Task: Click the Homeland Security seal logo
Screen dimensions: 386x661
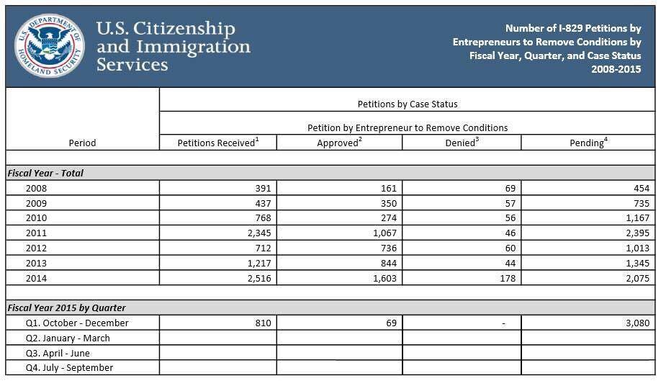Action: coord(49,45)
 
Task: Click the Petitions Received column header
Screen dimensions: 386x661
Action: coord(217,143)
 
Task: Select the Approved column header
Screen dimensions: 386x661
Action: coord(339,143)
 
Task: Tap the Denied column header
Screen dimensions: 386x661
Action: coord(462,143)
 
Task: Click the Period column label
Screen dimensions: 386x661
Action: coord(82,143)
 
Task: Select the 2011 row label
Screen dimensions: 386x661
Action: coord(36,233)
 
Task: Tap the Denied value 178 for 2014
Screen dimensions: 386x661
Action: coord(508,278)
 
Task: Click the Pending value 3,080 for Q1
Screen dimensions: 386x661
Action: coord(637,323)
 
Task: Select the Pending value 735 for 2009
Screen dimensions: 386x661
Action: coord(641,203)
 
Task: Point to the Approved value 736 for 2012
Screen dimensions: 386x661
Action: coord(388,248)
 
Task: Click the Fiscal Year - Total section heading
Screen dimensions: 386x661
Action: coord(45,173)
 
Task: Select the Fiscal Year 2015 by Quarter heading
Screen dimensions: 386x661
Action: coord(66,308)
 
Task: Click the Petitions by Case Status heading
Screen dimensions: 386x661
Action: coord(407,104)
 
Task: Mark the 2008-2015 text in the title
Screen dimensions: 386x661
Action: coord(616,69)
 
